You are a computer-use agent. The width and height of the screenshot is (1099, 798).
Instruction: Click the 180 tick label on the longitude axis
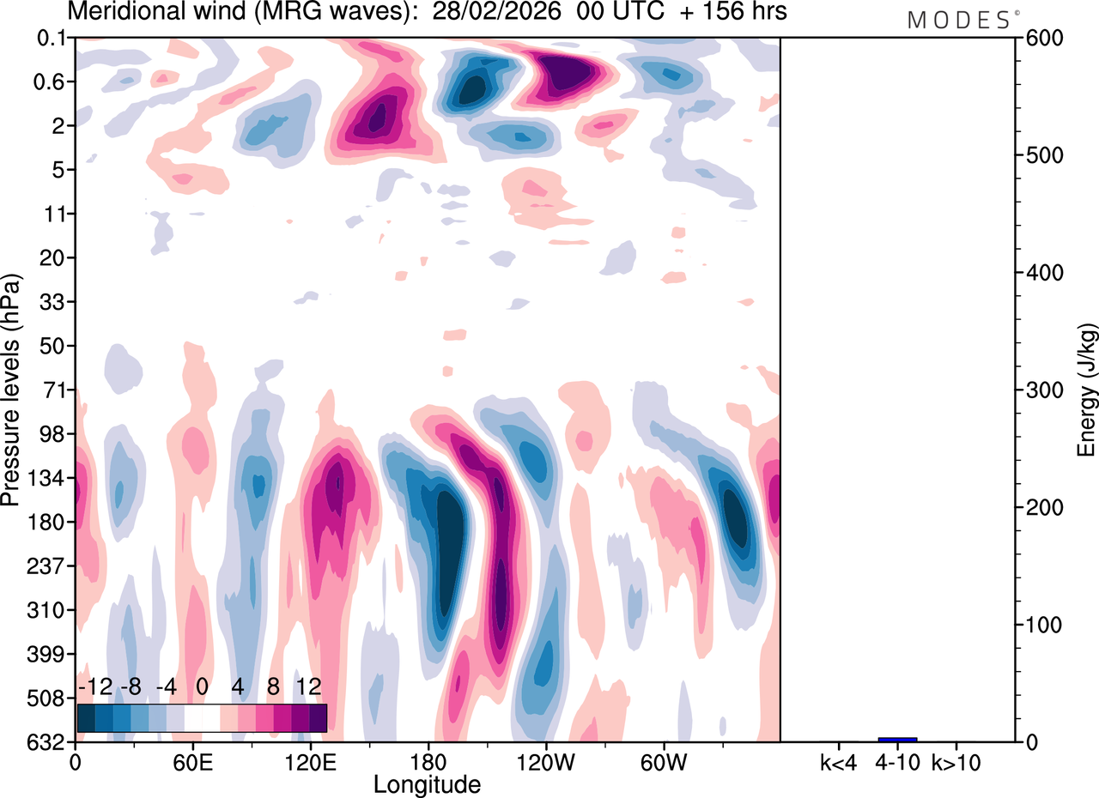click(428, 762)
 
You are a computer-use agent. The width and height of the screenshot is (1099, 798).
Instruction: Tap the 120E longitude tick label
click(311, 762)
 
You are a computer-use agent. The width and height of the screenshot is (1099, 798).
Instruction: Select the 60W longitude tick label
click(663, 762)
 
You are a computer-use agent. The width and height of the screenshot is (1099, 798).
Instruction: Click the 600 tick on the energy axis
click(1040, 38)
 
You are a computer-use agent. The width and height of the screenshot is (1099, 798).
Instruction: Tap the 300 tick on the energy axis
click(1040, 390)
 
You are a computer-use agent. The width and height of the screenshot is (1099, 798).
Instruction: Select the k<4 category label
click(838, 762)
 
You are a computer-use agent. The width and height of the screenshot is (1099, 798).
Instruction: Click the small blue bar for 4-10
click(897, 739)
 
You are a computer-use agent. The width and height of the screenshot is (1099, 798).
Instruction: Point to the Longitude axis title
click(427, 784)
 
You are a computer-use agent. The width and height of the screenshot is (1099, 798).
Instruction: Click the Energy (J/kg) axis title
click(1087, 390)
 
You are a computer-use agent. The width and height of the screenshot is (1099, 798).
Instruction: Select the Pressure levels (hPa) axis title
click(11, 390)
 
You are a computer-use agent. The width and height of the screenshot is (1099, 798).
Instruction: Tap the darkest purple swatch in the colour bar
click(318, 717)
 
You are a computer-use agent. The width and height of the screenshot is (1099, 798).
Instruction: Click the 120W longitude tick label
click(544, 762)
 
